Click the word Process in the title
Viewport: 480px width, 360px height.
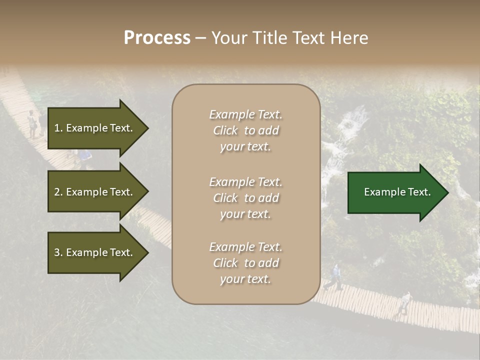click(157, 38)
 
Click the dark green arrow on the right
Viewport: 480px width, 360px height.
click(395, 192)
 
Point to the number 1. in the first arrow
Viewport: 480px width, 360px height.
click(58, 128)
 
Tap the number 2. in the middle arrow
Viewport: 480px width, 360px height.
click(58, 192)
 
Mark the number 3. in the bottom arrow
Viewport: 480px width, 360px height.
click(58, 253)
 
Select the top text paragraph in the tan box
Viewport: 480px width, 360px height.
click(245, 130)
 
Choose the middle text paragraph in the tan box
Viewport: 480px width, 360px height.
click(245, 198)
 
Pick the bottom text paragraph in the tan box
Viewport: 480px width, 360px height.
click(245, 263)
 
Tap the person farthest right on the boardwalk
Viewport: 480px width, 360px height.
click(405, 303)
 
